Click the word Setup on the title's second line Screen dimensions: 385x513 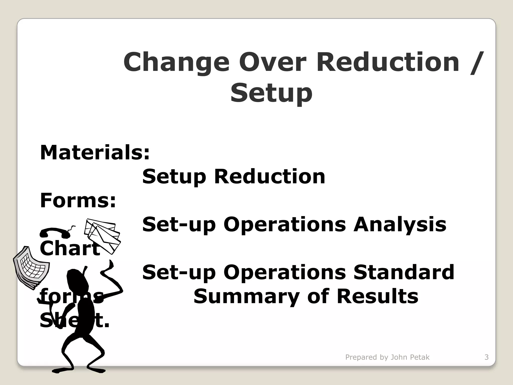[271, 93]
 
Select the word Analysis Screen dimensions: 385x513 [400, 224]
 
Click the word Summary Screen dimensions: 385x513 [246, 297]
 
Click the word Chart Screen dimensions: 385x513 [70, 249]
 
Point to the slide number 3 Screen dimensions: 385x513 [486, 357]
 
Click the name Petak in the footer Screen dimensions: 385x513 [420, 357]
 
